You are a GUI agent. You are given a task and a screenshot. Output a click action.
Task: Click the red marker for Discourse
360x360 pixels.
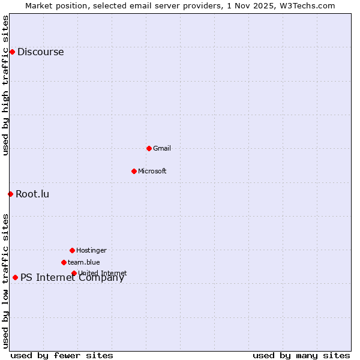(x=12, y=52)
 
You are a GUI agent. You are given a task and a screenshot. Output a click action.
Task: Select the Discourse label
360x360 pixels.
(x=40, y=52)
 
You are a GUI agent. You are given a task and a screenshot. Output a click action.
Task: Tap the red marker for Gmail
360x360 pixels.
(x=149, y=148)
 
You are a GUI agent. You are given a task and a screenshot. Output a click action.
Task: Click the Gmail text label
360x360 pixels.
(x=162, y=149)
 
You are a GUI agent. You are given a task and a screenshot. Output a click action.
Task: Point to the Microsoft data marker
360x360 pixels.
(x=134, y=171)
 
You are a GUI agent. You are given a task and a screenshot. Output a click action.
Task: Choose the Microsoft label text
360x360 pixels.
(x=152, y=172)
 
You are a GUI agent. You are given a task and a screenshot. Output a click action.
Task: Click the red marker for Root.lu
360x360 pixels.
(x=10, y=194)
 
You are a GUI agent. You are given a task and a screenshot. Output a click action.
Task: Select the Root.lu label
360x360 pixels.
(x=32, y=194)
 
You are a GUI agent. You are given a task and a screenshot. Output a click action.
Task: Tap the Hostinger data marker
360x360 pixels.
(x=72, y=250)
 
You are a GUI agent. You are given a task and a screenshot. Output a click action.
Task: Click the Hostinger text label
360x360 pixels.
(x=91, y=251)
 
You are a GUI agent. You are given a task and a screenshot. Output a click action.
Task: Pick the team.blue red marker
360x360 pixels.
(x=64, y=262)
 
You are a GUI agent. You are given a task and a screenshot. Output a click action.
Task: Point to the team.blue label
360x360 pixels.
(x=84, y=263)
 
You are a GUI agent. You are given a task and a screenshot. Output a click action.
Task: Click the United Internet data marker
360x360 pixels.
(x=74, y=273)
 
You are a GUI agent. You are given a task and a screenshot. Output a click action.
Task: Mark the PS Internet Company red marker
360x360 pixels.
(x=15, y=277)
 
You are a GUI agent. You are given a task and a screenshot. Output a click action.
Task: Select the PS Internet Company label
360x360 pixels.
(x=72, y=278)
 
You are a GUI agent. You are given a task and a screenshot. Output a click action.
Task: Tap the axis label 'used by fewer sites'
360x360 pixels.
(x=62, y=355)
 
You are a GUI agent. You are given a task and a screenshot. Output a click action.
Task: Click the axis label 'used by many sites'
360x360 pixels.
(x=301, y=355)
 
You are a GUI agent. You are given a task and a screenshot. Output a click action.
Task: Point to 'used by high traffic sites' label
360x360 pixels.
(x=5, y=85)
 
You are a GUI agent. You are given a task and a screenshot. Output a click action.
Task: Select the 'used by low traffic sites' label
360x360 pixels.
(x=5, y=281)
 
